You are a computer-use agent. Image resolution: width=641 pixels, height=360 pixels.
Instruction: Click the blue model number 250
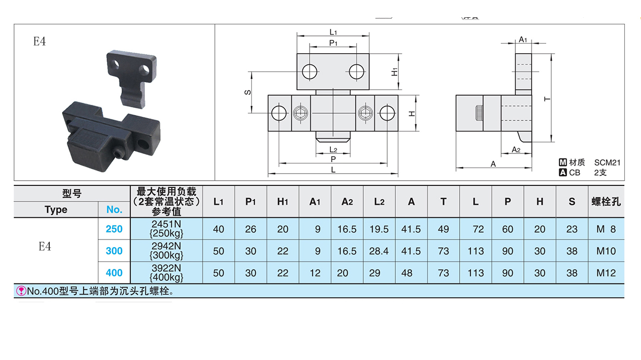[114, 229]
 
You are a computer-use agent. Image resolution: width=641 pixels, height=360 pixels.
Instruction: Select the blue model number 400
[114, 273]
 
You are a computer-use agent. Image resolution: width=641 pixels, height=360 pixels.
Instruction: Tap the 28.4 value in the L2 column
[379, 251]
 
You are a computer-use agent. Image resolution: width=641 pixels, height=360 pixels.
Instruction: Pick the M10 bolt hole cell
[606, 251]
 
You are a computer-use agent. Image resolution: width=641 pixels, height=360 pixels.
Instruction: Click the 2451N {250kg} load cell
[166, 228]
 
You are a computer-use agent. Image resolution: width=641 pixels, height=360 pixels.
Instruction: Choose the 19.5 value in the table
[379, 229]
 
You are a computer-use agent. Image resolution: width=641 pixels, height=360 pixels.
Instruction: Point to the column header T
[443, 202]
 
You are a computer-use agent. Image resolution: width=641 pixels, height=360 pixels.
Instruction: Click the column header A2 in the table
[347, 202]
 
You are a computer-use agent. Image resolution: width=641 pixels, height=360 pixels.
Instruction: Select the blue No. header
[114, 210]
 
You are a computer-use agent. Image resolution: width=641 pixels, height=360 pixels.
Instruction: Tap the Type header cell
[56, 210]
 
